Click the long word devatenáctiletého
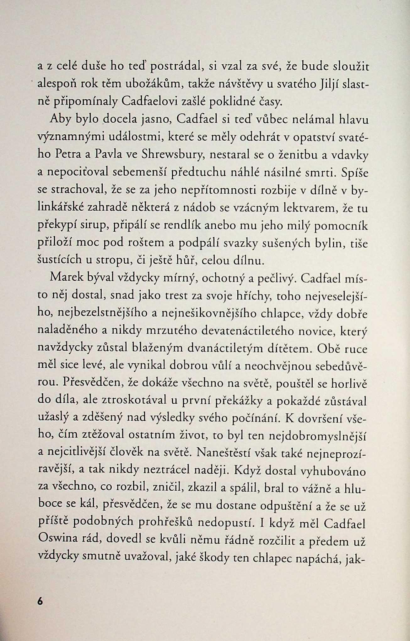tap(248, 331)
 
